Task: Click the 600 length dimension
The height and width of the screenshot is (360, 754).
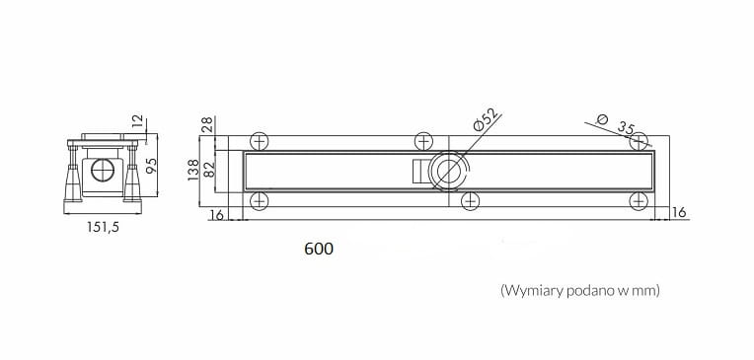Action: click(x=319, y=249)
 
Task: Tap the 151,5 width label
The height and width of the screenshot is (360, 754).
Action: click(x=103, y=227)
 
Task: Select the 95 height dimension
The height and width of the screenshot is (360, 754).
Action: click(x=151, y=166)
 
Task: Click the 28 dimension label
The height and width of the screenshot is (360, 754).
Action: click(x=208, y=125)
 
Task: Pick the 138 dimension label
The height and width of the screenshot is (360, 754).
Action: click(x=193, y=170)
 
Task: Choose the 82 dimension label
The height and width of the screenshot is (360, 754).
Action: click(x=209, y=170)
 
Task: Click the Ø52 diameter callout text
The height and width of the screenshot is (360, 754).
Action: click(x=485, y=119)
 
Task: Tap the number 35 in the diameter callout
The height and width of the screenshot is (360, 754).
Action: click(x=626, y=128)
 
